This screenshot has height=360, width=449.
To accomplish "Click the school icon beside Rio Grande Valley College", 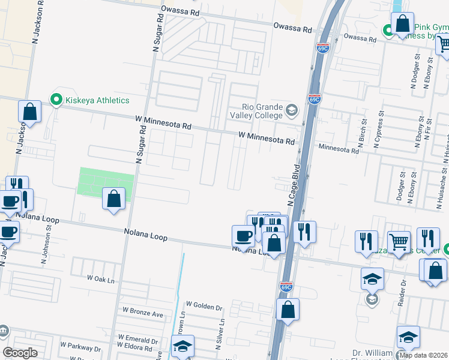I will click(291, 110).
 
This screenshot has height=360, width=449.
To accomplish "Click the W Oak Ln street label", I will click(100, 278).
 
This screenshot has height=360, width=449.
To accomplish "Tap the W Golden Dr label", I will click(204, 306).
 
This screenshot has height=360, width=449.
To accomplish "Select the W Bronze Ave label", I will click(143, 313).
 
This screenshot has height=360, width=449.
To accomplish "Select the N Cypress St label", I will click(379, 128).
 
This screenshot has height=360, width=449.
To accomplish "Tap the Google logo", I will click(20, 353).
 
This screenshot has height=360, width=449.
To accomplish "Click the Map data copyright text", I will click(423, 355).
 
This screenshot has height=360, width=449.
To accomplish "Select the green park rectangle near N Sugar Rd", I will click(107, 182).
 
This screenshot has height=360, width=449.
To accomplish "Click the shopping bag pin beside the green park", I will click(113, 199).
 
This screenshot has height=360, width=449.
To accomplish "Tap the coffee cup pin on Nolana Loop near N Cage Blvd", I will click(243, 236).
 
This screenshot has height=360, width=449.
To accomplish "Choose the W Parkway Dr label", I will click(80, 347).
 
